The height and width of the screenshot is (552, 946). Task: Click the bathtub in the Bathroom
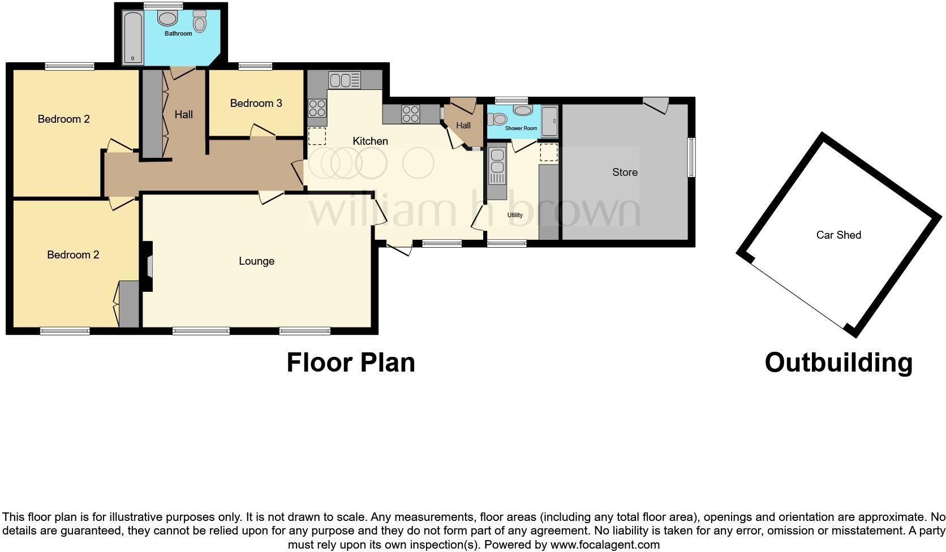(132, 36)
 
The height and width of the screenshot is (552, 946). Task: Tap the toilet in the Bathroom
(199, 21)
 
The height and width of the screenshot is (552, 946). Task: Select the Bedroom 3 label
(256, 103)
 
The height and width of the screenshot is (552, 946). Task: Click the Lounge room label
(256, 261)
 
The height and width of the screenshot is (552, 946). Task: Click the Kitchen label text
(370, 141)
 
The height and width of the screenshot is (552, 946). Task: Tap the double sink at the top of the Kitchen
(345, 80)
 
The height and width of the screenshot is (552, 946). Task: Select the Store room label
(625, 172)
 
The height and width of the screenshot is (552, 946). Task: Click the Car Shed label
(838, 235)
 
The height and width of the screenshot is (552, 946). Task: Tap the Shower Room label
(521, 128)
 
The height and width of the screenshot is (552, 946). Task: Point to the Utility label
(515, 215)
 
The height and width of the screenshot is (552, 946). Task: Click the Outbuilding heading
(838, 363)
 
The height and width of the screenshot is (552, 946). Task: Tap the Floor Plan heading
(351, 363)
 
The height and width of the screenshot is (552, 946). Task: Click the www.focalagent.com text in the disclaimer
(604, 545)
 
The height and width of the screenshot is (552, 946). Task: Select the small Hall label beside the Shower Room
(463, 126)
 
